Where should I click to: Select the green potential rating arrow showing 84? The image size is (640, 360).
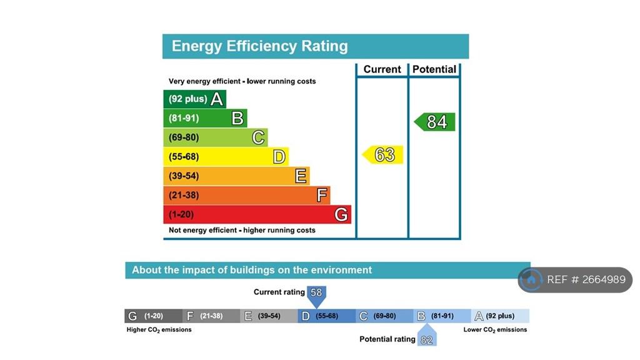[x=436, y=122]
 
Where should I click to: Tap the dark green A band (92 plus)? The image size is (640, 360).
[x=194, y=99]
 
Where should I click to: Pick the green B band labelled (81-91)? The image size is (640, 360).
[x=205, y=118]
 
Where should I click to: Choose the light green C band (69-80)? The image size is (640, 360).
[x=215, y=137]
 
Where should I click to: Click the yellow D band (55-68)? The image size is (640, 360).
[x=226, y=157]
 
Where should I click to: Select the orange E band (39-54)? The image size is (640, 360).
[x=236, y=176]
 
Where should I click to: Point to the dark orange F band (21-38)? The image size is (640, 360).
[x=246, y=196]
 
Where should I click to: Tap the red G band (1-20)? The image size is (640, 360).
[x=257, y=215]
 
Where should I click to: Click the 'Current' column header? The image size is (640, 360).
[x=382, y=69]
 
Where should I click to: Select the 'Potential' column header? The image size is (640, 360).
[x=434, y=69]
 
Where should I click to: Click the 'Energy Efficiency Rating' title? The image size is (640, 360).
[x=259, y=46]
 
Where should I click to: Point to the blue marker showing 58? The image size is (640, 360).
[x=316, y=294]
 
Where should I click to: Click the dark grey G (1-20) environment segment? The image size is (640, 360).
[x=154, y=316]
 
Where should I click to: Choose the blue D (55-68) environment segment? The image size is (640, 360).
[x=327, y=316]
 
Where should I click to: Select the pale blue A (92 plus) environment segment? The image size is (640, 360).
[x=500, y=316]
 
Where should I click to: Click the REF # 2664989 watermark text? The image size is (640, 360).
[x=586, y=280]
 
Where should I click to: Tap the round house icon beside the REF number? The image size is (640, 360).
[x=531, y=280]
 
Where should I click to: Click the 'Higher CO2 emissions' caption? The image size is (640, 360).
[x=159, y=329]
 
